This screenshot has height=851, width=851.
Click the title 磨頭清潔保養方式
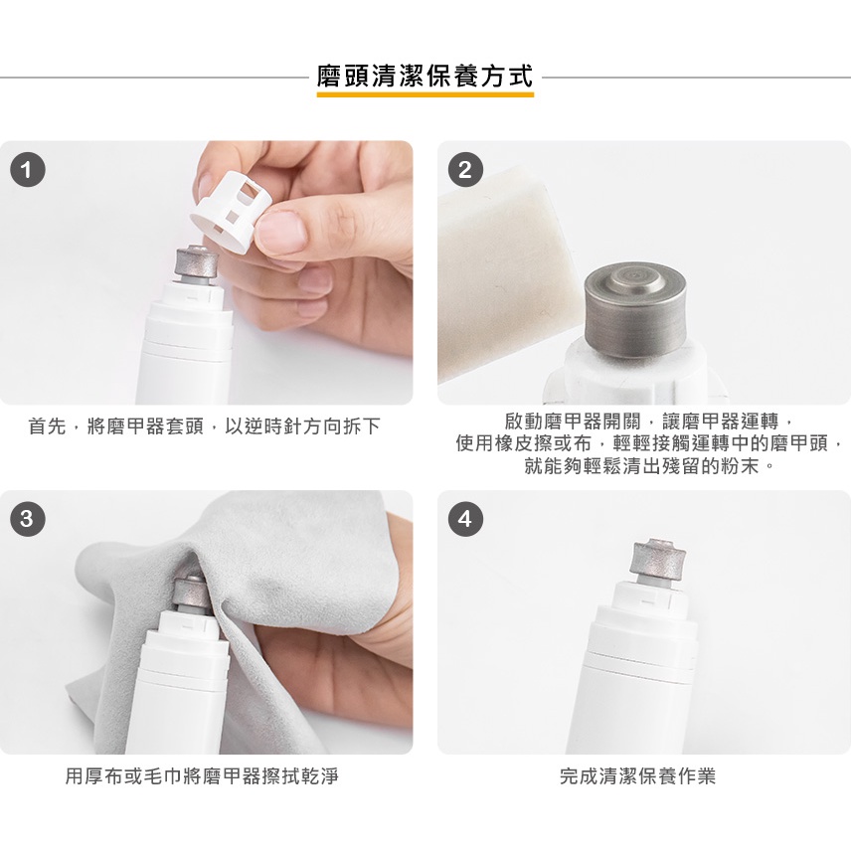(x=425, y=76)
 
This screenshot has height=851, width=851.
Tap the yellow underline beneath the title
(x=425, y=94)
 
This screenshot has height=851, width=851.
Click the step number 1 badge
(x=27, y=170)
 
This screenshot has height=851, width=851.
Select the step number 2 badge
(x=464, y=170)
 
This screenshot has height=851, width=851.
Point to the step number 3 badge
(x=27, y=519)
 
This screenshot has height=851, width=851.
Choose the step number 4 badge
(x=464, y=519)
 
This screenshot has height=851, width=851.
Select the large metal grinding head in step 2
(x=635, y=311)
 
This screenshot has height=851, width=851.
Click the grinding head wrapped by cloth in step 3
(x=190, y=596)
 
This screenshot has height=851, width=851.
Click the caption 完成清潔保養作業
(x=637, y=776)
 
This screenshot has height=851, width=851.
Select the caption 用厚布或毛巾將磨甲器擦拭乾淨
(x=202, y=776)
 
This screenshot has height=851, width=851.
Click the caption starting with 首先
(x=204, y=426)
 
